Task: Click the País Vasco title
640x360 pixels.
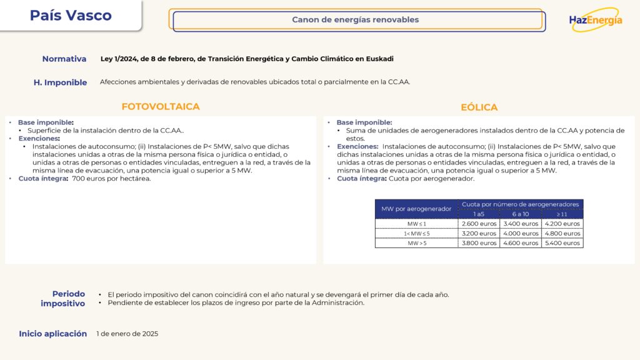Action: point(71,16)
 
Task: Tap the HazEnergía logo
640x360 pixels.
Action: point(596,19)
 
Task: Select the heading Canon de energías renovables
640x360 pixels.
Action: point(356,20)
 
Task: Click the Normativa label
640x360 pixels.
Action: point(64,59)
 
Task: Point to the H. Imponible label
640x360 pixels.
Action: point(61,82)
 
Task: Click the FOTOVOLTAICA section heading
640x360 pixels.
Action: point(161,107)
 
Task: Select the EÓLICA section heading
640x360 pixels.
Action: point(479,107)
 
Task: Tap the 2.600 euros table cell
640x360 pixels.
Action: point(479,224)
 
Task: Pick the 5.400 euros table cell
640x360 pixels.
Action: point(562,243)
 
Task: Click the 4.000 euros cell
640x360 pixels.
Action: point(521,234)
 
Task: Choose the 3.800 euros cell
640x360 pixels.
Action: point(479,243)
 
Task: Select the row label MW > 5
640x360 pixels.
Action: point(416,243)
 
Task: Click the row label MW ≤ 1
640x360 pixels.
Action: point(416,224)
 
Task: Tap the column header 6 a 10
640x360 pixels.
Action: point(521,214)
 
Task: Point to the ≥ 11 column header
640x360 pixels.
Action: point(562,214)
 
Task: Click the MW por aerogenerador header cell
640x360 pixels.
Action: point(416,209)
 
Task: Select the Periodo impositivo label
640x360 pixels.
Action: point(68,299)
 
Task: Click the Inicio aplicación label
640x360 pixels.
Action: point(53,334)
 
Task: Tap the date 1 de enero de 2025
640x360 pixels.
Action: point(127,334)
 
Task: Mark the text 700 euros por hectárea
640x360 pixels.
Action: point(111,179)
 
